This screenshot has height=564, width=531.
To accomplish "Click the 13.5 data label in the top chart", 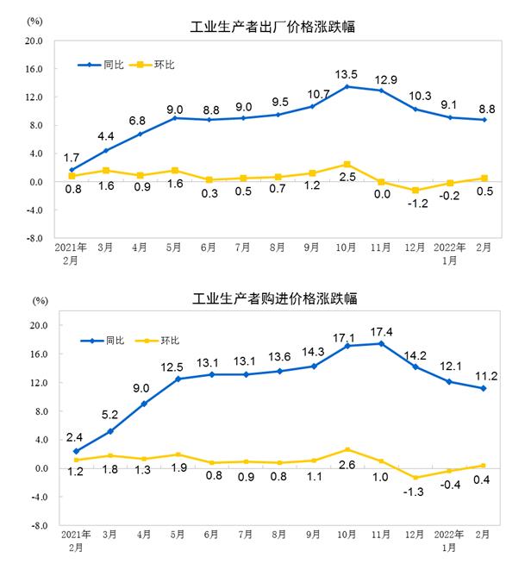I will coord(347,73).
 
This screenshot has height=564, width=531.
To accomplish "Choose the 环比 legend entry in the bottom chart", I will coord(171,341).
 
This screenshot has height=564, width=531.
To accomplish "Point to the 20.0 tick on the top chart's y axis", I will coord(34,41).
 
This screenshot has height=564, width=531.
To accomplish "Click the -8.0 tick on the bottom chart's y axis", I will coord(34,525).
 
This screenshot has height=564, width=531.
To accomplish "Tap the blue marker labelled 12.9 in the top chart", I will coord(379,91).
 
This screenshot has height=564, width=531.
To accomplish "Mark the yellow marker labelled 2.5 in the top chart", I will coord(347,164).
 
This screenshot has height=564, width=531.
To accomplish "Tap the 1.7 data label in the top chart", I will coord(73,157).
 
